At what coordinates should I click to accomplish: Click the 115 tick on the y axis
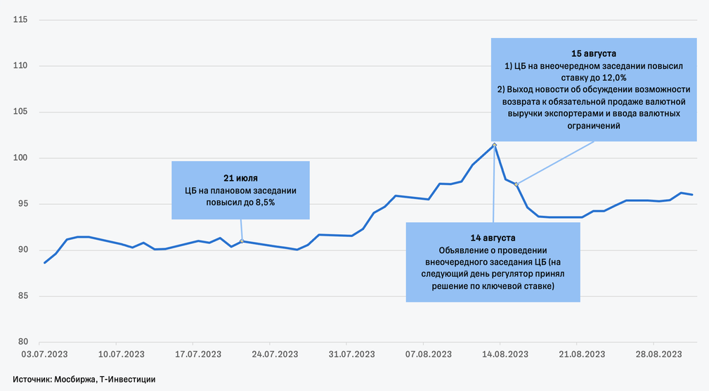click(x=20, y=20)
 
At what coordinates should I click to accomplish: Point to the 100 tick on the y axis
click(x=20, y=158)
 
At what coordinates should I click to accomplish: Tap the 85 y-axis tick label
click(x=22, y=295)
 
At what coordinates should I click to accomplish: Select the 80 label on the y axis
click(x=22, y=342)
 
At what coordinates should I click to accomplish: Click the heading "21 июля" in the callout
click(x=240, y=177)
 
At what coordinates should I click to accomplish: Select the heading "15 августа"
click(x=594, y=53)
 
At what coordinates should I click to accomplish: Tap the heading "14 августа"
click(x=493, y=238)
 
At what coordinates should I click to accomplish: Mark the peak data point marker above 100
click(x=495, y=145)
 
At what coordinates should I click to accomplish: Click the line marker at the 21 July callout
click(x=242, y=241)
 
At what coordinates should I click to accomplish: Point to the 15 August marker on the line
click(x=516, y=184)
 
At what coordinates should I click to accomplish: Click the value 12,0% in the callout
click(x=613, y=77)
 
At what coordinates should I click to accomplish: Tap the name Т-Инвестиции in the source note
click(x=128, y=379)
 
